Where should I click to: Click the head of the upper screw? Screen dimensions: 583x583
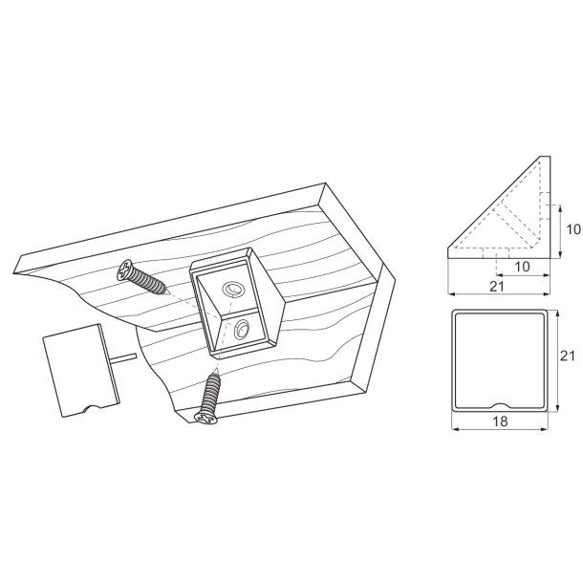pyautogui.click(x=128, y=270)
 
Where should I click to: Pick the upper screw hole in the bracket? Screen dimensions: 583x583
pyautogui.click(x=232, y=289)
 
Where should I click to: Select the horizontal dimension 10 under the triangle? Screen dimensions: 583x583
pyautogui.click(x=524, y=266)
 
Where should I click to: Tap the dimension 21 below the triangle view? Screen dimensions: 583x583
pyautogui.click(x=497, y=286)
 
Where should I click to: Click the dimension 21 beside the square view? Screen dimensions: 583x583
pyautogui.click(x=567, y=356)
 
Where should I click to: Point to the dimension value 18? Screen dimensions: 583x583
pyautogui.click(x=499, y=421)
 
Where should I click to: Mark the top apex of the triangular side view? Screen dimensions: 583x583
pyautogui.click(x=547, y=159)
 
